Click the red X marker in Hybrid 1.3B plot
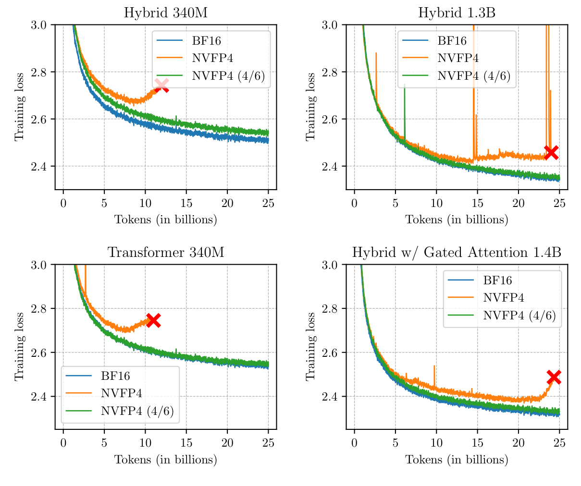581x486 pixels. (x=551, y=152)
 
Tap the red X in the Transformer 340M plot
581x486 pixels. (x=153, y=320)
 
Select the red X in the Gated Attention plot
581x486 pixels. (x=554, y=377)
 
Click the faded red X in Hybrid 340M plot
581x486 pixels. (x=161, y=85)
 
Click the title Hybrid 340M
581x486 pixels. (x=166, y=12)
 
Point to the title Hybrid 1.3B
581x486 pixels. (x=457, y=12)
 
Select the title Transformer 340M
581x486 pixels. (x=166, y=252)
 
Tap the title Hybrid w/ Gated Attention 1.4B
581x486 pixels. (x=457, y=252)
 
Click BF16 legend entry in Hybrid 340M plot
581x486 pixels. (x=205, y=40)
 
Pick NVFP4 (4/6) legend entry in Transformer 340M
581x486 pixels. (x=137, y=411)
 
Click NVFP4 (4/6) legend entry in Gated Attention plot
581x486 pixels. (x=519, y=315)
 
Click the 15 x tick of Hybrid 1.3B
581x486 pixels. (x=477, y=203)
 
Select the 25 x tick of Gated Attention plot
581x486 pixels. (x=559, y=442)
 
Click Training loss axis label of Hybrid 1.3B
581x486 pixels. (x=310, y=107)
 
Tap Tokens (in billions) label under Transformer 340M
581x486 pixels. (x=166, y=460)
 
